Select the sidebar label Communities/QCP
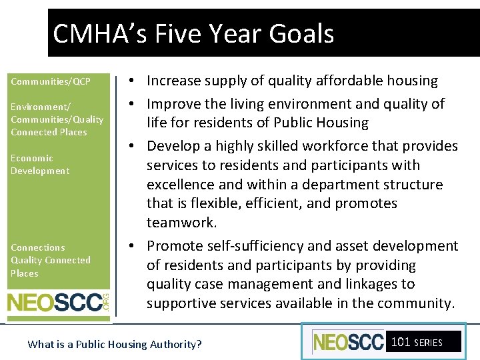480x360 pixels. pos(51,81)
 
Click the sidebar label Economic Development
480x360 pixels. pos(40,164)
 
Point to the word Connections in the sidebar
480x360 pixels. pos(38,247)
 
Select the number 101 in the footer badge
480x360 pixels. pos(401,342)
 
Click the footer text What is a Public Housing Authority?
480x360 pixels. pos(115,344)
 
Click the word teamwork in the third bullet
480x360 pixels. pos(181,222)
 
